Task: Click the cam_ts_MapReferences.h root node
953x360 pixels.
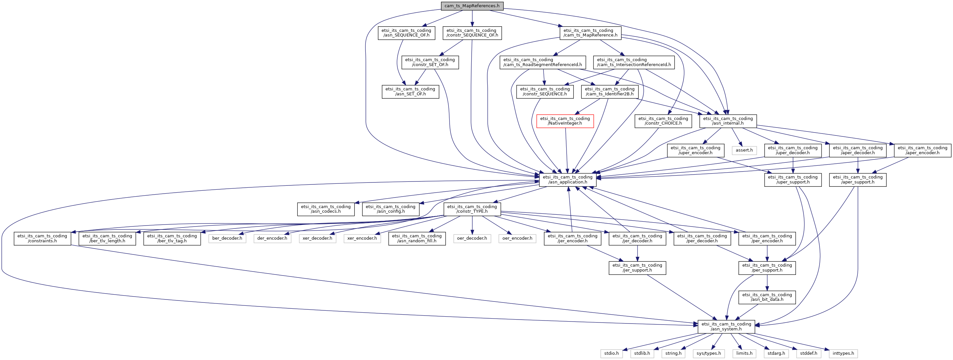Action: [472, 6]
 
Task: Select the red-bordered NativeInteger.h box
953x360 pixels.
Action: [565, 121]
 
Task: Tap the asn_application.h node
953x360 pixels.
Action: [568, 180]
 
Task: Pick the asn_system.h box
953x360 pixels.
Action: [726, 326]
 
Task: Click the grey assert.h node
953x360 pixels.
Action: [744, 150]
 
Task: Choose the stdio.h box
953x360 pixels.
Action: [612, 353]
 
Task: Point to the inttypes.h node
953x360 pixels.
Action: [844, 353]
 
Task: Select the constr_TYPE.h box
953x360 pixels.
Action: [472, 209]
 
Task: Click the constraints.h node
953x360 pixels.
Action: [42, 238]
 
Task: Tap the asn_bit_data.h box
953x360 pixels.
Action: [767, 297]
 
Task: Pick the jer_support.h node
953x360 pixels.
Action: [637, 268]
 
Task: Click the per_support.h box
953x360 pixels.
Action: [767, 268]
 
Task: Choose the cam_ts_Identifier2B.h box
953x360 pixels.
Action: [610, 91]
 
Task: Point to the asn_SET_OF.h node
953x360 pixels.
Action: [410, 91]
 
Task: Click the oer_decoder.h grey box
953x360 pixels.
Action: [472, 238]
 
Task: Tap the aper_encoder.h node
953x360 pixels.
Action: [922, 150]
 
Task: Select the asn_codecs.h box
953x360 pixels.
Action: [326, 209]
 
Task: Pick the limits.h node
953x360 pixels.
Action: [744, 353]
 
